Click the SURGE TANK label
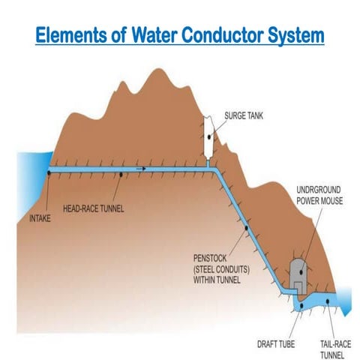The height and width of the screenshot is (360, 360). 247,117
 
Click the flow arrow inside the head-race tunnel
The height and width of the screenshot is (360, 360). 139,169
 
